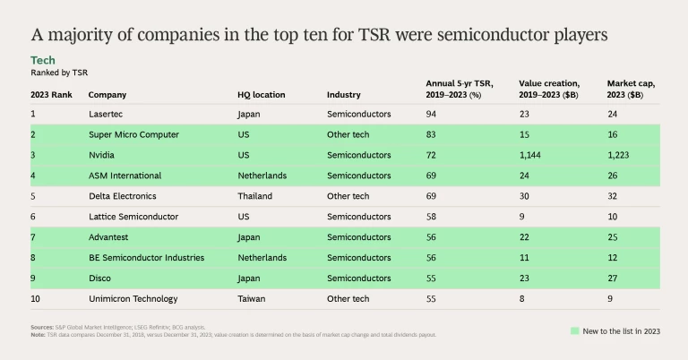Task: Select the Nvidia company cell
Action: pyautogui.click(x=100, y=155)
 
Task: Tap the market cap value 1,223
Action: pyautogui.click(x=620, y=155)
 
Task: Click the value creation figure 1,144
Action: pyautogui.click(x=531, y=155)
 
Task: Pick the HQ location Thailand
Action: pyautogui.click(x=254, y=196)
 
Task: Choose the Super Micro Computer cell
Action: pyautogui.click(x=133, y=134)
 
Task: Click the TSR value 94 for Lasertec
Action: pyautogui.click(x=432, y=114)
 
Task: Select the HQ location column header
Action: pyautogui.click(x=262, y=94)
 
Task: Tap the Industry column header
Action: pyautogui.click(x=344, y=94)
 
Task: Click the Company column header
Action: pyautogui.click(x=107, y=94)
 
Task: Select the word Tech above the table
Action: pyautogui.click(x=42, y=59)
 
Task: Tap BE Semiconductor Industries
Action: pyautogui.click(x=146, y=258)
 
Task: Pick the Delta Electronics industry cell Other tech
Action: pyautogui.click(x=348, y=196)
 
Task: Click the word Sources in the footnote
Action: pyautogui.click(x=41, y=328)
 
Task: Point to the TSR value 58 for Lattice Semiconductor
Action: pyautogui.click(x=432, y=217)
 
